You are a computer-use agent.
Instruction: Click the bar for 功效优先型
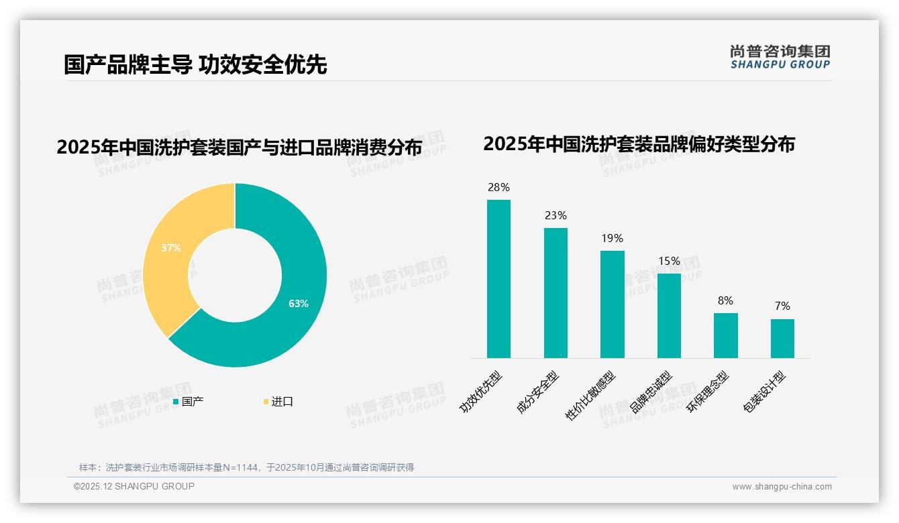pyautogui.click(x=498, y=278)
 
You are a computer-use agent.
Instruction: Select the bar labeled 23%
pyautogui.click(x=556, y=292)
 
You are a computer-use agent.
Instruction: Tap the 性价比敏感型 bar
pyautogui.click(x=612, y=304)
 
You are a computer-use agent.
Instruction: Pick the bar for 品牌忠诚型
pyautogui.click(x=669, y=315)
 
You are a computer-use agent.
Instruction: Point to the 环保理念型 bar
pyautogui.click(x=725, y=335)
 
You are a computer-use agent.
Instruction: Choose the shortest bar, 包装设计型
pyautogui.click(x=782, y=338)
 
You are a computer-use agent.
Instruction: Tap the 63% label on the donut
pyautogui.click(x=299, y=304)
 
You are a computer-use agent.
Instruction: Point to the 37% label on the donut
pyautogui.click(x=171, y=248)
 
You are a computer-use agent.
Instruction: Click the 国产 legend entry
pyautogui.click(x=192, y=402)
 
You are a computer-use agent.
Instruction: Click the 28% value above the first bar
pyautogui.click(x=498, y=188)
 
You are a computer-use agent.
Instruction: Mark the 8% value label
pyautogui.click(x=725, y=301)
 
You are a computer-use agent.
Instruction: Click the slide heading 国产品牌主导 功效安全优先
pyautogui.click(x=195, y=64)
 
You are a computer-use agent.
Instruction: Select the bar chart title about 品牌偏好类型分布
pyautogui.click(x=639, y=144)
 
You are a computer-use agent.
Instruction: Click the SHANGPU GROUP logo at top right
pyautogui.click(x=780, y=56)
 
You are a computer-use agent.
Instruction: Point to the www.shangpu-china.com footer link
pyautogui.click(x=782, y=487)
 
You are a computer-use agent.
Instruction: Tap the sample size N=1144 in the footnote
pyautogui.click(x=243, y=467)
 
